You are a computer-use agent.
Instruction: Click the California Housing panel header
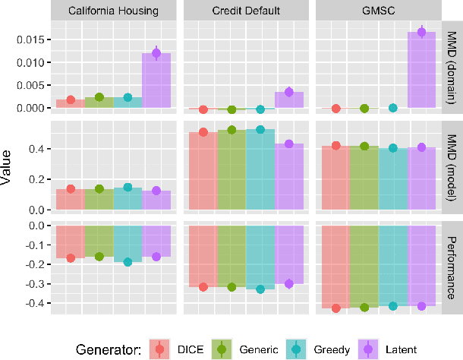click(x=113, y=11)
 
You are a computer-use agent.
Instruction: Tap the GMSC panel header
click(x=378, y=11)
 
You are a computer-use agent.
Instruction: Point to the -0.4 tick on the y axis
click(x=34, y=303)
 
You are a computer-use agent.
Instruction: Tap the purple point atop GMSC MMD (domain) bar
click(x=422, y=32)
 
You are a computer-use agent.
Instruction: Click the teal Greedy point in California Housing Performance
click(x=128, y=262)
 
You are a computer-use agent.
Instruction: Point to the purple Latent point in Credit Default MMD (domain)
click(x=289, y=92)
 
